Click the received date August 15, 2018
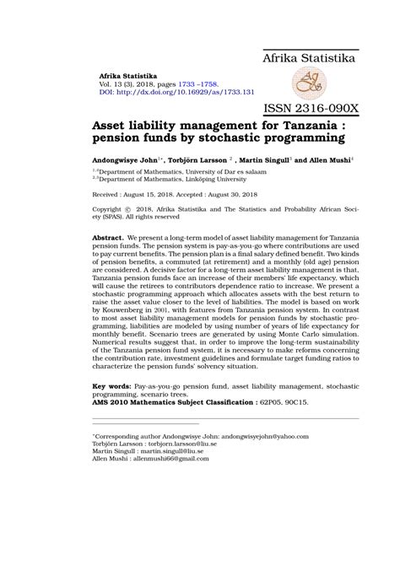coord(152,192)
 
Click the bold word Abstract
coord(108,238)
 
